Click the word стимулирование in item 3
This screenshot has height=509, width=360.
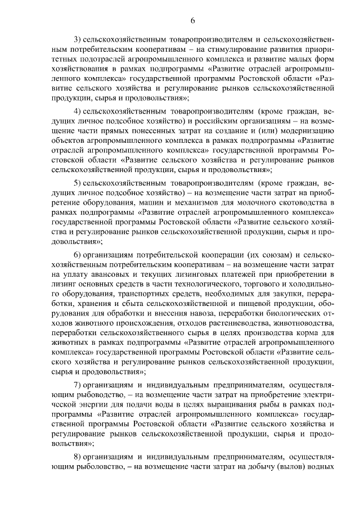tap(224, 49)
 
